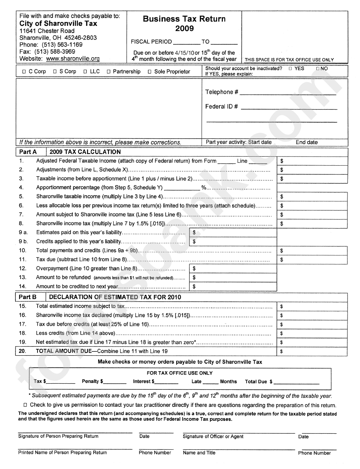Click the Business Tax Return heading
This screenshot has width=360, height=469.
[184, 19]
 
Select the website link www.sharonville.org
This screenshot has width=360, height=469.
[73, 59]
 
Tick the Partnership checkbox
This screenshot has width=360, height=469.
[109, 72]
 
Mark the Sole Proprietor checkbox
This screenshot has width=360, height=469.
[150, 72]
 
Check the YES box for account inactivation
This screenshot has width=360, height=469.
[290, 69]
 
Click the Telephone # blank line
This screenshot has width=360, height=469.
[288, 92]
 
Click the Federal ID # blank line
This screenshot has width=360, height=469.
[289, 107]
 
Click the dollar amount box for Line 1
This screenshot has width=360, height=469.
[313, 161]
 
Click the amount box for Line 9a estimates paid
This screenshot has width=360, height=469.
[233, 232]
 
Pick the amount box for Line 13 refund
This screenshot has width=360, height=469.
[233, 278]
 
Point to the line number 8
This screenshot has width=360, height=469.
[21, 224]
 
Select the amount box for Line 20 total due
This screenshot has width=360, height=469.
[313, 351]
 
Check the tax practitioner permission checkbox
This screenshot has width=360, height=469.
[25, 405]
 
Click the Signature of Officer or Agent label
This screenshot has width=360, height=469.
[213, 436]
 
